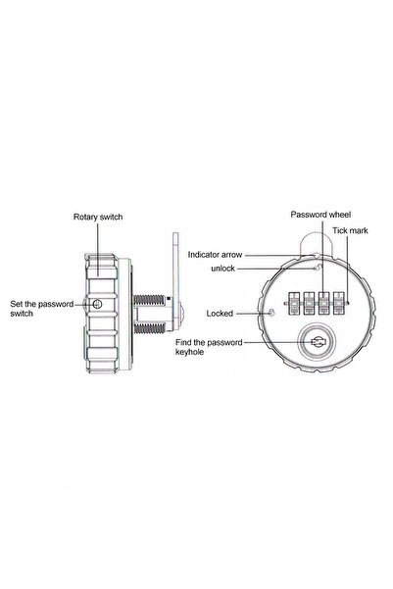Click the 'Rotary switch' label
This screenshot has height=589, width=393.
(x=98, y=217)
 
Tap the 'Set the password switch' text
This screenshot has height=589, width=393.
(x=42, y=309)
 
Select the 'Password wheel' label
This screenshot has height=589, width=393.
(x=320, y=215)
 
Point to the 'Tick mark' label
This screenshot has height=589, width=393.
(x=350, y=230)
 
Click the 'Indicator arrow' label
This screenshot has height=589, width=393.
(x=215, y=255)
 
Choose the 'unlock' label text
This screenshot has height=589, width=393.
(x=222, y=269)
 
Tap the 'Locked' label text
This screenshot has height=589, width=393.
(x=220, y=314)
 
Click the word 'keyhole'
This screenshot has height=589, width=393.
(x=190, y=352)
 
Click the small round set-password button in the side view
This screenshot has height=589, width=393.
(x=97, y=304)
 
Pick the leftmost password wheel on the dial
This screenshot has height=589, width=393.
(x=293, y=303)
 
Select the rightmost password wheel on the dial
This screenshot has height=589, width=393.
(x=339, y=303)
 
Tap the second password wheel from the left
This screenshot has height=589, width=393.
(x=309, y=303)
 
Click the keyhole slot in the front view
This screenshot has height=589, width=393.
(x=318, y=342)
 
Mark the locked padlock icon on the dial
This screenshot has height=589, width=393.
(x=270, y=313)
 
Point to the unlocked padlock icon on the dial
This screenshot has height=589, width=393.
(x=319, y=268)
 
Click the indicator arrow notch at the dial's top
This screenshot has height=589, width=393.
(x=317, y=256)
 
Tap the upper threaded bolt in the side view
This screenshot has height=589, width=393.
(x=149, y=300)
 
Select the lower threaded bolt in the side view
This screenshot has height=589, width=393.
(x=149, y=328)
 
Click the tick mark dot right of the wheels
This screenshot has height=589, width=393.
(x=348, y=303)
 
